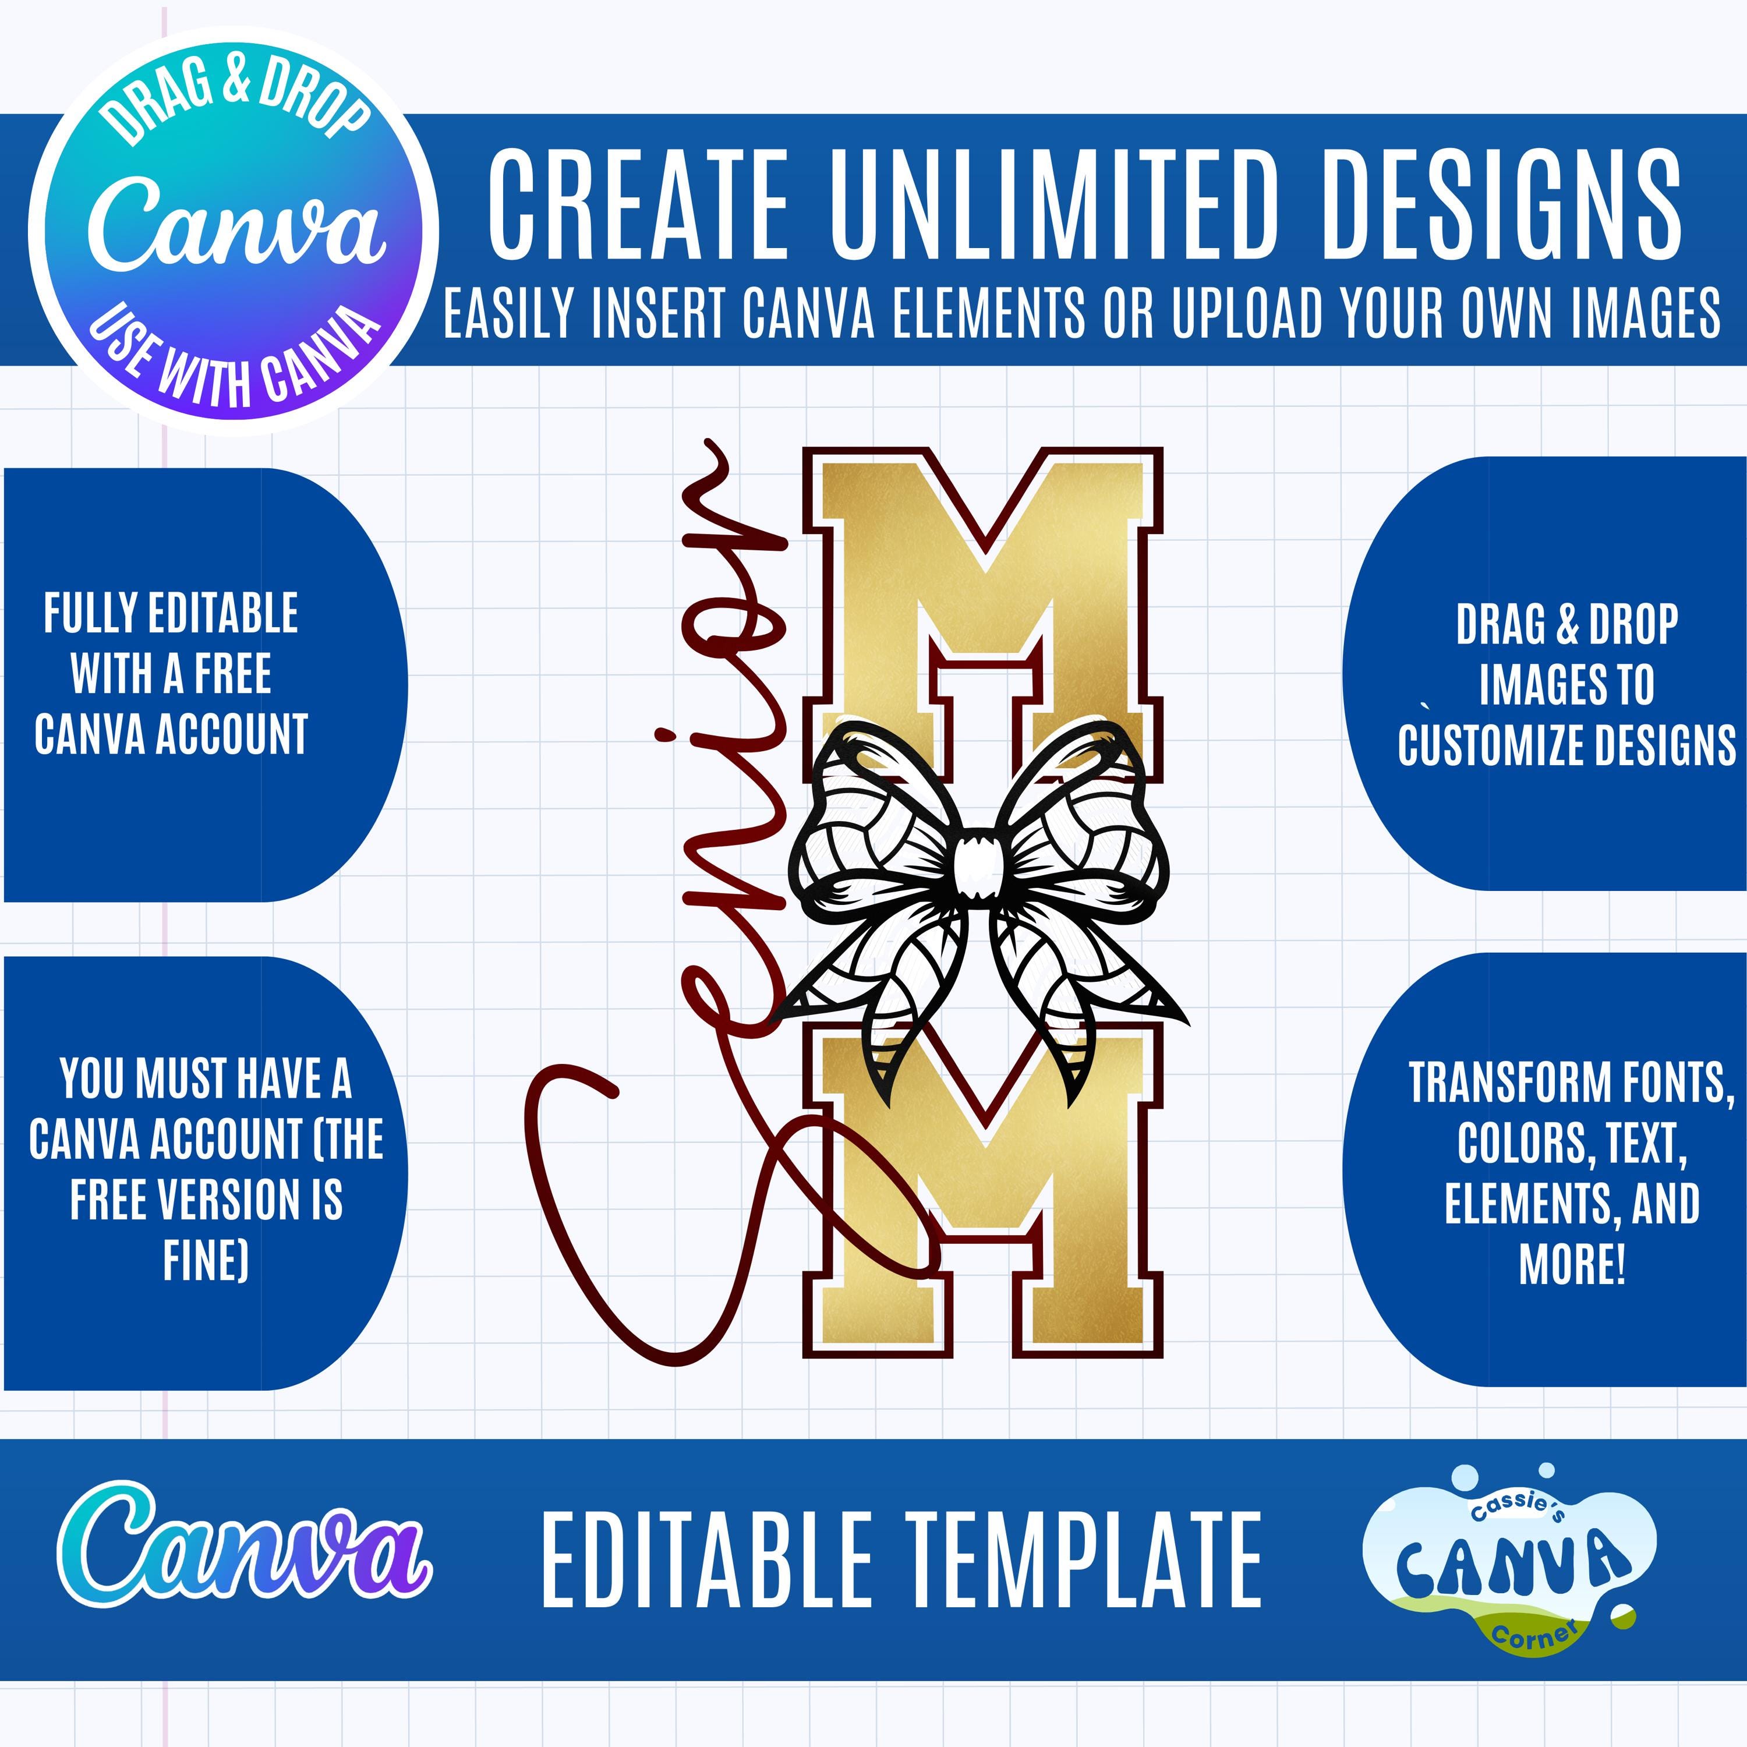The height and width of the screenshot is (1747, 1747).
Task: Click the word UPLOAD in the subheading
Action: (1251, 313)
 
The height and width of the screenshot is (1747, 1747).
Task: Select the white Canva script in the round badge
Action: (237, 224)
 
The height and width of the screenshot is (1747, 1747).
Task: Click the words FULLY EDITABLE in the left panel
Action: (171, 614)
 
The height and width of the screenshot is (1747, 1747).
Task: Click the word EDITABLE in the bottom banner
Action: (705, 1562)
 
